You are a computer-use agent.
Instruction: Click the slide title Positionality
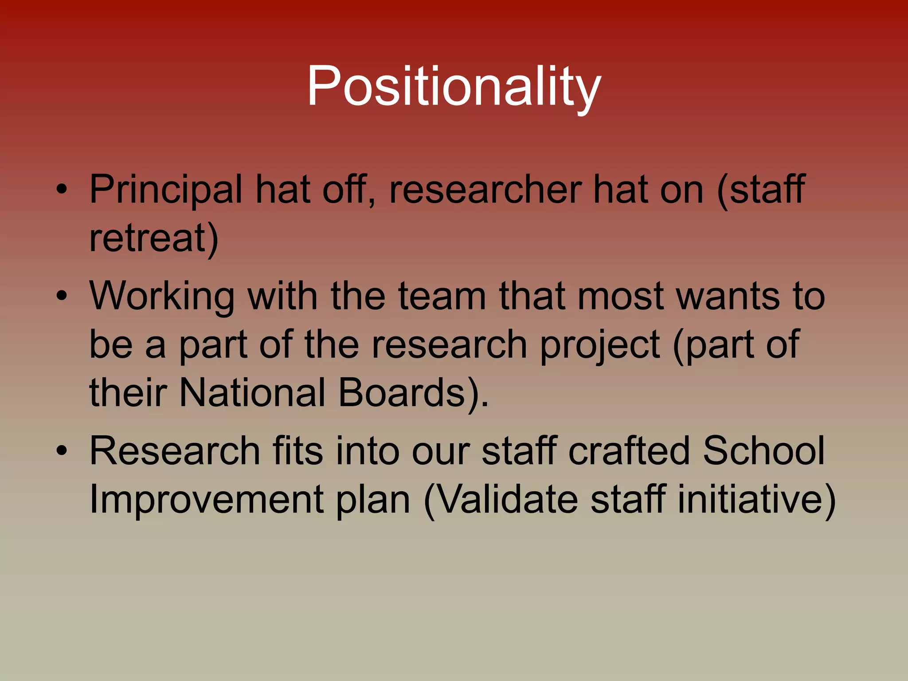coord(454,86)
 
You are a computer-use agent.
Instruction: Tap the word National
coord(252,393)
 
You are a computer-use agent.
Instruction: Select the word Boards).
coord(413,393)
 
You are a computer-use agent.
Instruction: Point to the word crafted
coord(629,451)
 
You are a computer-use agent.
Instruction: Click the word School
coord(763,451)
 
